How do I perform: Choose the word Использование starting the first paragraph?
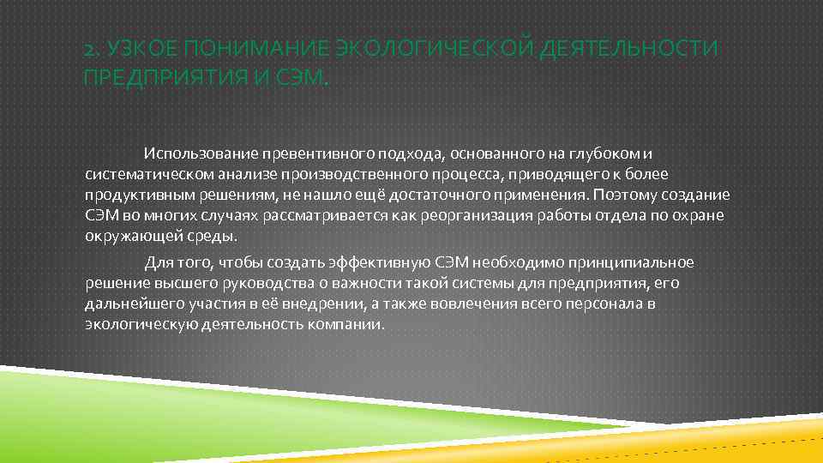[x=194, y=153]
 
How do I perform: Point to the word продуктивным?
[x=129, y=195]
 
